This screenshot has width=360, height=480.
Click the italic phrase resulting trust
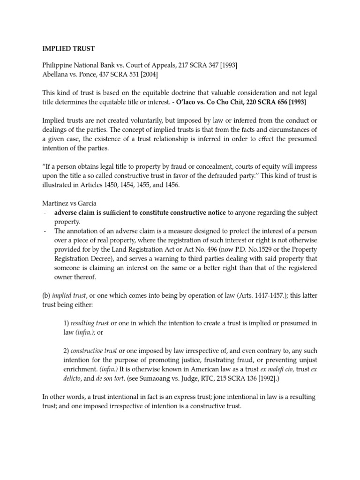[x=90, y=323]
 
